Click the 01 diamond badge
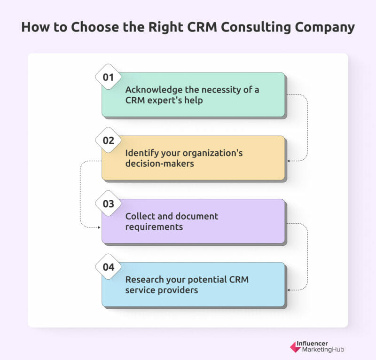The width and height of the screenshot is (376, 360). pyautogui.click(x=108, y=77)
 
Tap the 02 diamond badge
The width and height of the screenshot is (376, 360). pyautogui.click(x=108, y=141)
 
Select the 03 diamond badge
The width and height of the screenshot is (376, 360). pyautogui.click(x=108, y=203)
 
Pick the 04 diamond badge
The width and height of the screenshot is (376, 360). pyautogui.click(x=108, y=267)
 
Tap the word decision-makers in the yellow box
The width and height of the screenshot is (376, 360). pyautogui.click(x=159, y=164)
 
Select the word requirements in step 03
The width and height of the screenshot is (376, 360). pyautogui.click(x=154, y=227)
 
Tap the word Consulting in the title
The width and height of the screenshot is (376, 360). pyautogui.click(x=256, y=27)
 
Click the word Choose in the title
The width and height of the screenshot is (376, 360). pyautogui.click(x=95, y=27)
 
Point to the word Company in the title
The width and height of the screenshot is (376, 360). pyautogui.click(x=325, y=28)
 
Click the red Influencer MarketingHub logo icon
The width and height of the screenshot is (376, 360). pyautogui.click(x=295, y=347)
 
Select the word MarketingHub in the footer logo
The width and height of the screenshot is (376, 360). pyautogui.click(x=323, y=350)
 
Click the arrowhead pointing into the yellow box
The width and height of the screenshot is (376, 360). pyautogui.click(x=289, y=161)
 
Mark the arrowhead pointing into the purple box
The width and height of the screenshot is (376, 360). pyautogui.click(x=99, y=227)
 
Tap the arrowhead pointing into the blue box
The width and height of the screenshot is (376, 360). pyautogui.click(x=289, y=290)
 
